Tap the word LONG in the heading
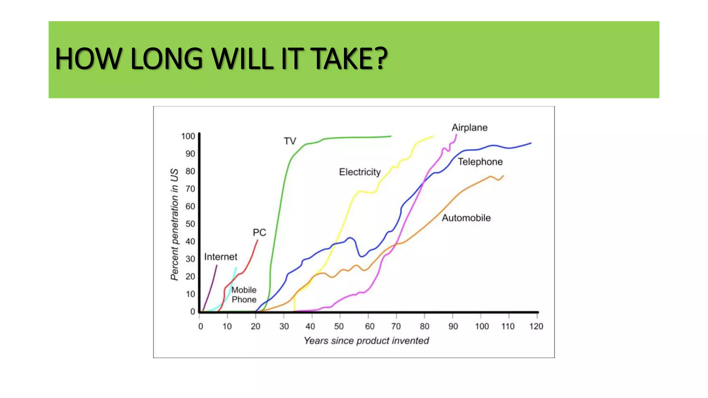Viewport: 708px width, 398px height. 166,59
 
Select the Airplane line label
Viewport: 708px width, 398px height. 469,127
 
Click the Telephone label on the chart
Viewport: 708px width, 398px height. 480,162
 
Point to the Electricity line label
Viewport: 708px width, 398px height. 360,172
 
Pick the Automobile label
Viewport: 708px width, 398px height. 466,218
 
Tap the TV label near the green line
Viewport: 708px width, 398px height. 290,141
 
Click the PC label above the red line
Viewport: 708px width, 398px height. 259,233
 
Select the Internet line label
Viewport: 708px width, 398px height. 221,257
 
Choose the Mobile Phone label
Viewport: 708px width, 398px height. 244,295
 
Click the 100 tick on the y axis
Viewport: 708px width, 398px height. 188,136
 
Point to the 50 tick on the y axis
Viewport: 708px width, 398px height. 190,224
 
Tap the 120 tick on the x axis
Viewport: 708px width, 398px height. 536,326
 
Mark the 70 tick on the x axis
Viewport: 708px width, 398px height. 396,326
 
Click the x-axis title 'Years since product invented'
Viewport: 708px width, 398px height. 366,341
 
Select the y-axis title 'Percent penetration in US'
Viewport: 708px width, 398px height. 175,225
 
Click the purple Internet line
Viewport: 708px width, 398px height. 211,287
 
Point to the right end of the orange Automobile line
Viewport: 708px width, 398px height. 503,176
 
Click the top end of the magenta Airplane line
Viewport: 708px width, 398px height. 456,135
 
